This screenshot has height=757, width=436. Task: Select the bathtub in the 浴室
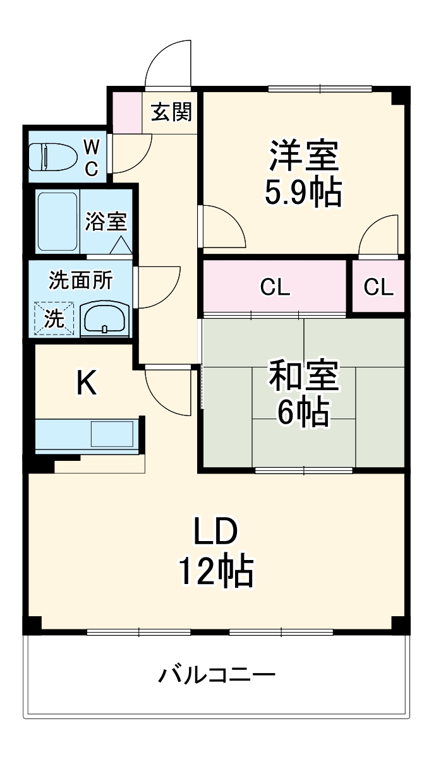tap(58, 220)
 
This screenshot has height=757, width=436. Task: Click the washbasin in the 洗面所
tap(105, 318)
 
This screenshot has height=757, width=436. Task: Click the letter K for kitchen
tap(87, 383)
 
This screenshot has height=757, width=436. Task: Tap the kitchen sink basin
tap(112, 434)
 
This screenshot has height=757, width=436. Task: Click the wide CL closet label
tap(275, 288)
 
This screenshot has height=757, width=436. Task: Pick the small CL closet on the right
tap(378, 288)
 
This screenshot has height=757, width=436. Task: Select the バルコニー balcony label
tap(217, 676)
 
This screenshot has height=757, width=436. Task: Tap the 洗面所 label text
tap(80, 280)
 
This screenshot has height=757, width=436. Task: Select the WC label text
tap(92, 157)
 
